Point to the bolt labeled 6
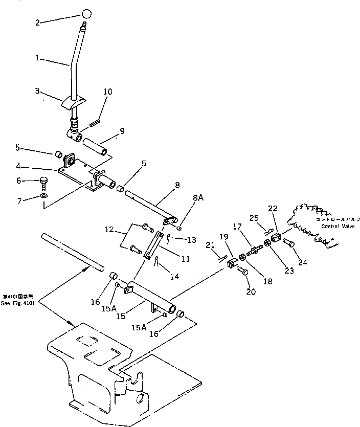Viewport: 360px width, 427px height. pyautogui.click(x=44, y=182)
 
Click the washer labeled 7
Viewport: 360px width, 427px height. pyautogui.click(x=44, y=196)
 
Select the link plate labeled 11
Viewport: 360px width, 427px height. pyautogui.click(x=151, y=246)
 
